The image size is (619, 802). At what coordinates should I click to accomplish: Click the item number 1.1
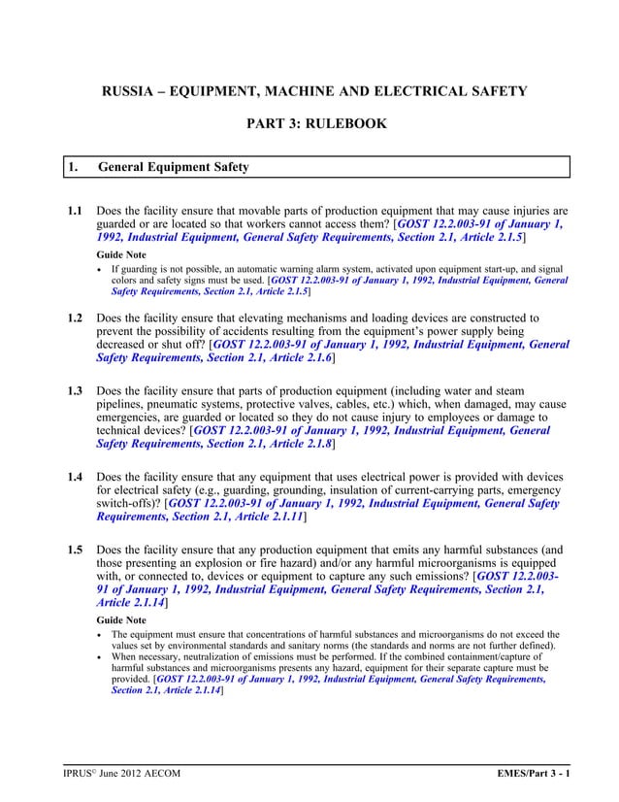74,210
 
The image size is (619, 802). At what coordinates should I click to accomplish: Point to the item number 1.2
74,317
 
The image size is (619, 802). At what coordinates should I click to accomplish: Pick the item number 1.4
74,477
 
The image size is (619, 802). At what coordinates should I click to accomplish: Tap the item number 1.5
74,550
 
